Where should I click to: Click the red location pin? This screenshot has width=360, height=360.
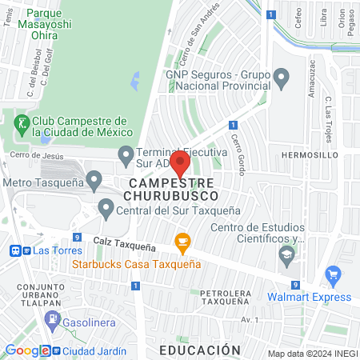click(x=179, y=165)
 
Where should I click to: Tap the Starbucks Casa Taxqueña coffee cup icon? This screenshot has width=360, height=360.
click(x=182, y=242)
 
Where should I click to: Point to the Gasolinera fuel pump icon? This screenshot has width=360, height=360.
click(x=53, y=319)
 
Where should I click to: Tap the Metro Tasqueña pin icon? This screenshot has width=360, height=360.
click(x=94, y=180)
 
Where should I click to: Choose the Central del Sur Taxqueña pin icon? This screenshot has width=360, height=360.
click(x=106, y=210)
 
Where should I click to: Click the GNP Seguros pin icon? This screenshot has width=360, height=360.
click(x=281, y=78)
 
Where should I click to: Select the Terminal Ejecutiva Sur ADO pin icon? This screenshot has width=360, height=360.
click(x=126, y=153)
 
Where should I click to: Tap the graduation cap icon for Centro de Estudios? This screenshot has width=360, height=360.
click(x=286, y=257)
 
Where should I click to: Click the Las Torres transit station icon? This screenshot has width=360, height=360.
click(x=16, y=250)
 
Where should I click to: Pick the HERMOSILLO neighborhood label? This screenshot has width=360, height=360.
click(x=311, y=154)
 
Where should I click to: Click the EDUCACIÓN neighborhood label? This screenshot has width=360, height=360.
click(x=199, y=350)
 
